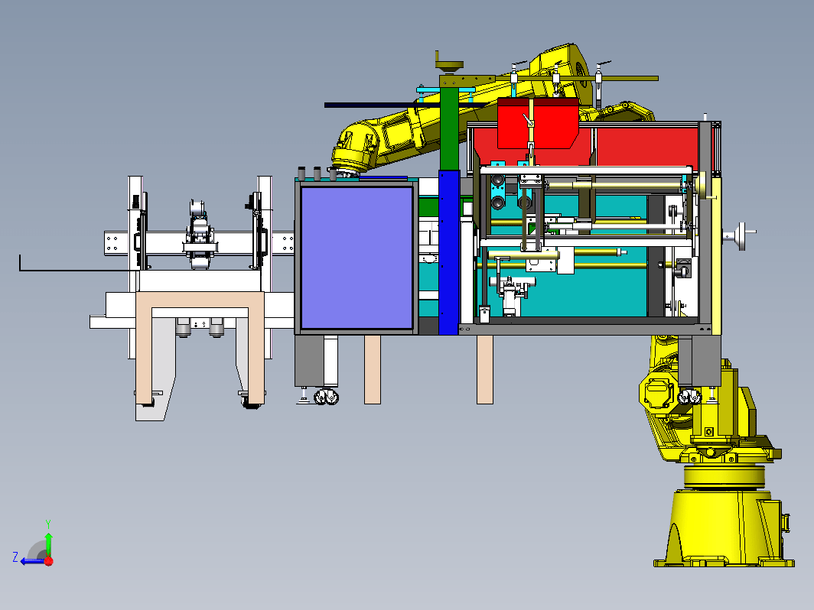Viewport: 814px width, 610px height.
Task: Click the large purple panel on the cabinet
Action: point(357,258)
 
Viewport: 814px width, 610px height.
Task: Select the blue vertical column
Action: point(449,252)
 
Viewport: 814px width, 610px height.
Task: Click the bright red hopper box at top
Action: point(538,123)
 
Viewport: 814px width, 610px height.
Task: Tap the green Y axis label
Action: point(47,524)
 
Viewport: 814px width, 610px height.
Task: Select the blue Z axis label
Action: point(15,557)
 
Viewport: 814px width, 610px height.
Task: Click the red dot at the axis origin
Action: point(49,561)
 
